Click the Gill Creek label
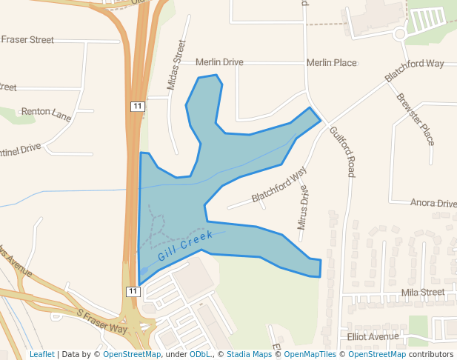coord(185,247)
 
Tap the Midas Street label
coord(177,65)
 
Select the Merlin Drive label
coord(219,63)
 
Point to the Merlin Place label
coord(331,63)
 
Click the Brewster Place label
coord(415,119)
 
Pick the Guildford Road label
coord(342,151)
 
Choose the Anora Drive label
coord(433,203)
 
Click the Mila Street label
coord(422,293)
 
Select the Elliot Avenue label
coord(373,336)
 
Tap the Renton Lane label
coord(46,113)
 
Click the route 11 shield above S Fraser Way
coord(133,291)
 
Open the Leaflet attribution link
coord(42,355)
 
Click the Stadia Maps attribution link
coord(249,355)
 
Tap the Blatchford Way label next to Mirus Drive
coord(278,185)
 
